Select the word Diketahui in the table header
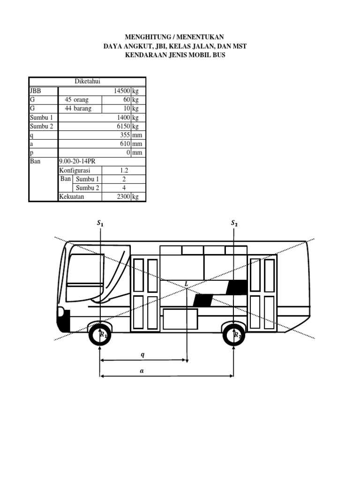(88, 82)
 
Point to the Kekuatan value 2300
(123, 197)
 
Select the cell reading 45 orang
(76, 100)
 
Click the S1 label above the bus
(100, 224)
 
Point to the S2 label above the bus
(234, 224)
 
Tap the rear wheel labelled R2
(234, 335)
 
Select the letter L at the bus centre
(187, 284)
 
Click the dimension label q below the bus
(143, 355)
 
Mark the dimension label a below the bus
(142, 370)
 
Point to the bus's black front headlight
(62, 321)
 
